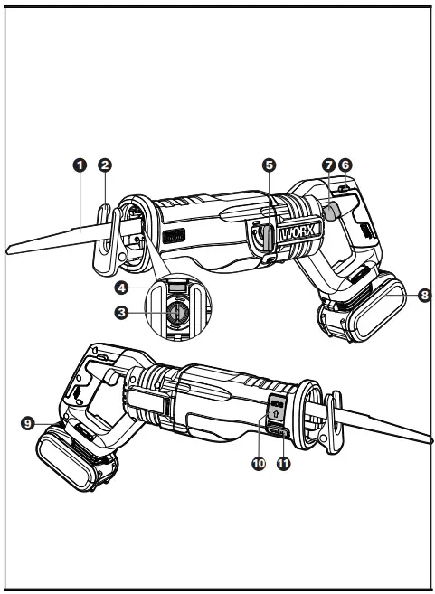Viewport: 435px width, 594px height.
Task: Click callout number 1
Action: (80, 165)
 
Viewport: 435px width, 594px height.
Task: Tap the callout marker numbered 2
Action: (105, 165)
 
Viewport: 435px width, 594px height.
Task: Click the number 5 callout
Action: (269, 165)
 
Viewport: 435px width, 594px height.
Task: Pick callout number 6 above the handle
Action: (345, 165)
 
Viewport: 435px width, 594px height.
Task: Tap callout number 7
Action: (327, 165)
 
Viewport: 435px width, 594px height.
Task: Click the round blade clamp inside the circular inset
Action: (175, 312)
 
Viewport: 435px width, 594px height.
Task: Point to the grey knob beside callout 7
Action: (332, 211)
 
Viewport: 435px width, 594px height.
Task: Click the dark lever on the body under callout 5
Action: (263, 238)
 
